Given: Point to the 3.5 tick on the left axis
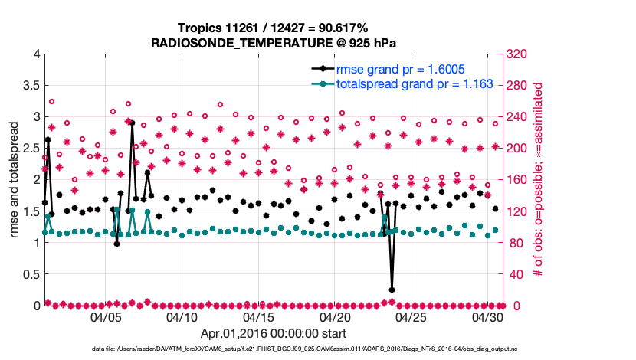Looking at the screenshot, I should click(30, 85).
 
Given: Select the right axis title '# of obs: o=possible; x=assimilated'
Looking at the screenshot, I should click(539, 179).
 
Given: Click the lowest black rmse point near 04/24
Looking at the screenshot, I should click(392, 290).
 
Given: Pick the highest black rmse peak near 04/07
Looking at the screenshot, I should click(132, 123).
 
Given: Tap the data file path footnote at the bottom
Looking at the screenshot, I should click(317, 349).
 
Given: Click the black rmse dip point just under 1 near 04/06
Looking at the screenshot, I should click(116, 244).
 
